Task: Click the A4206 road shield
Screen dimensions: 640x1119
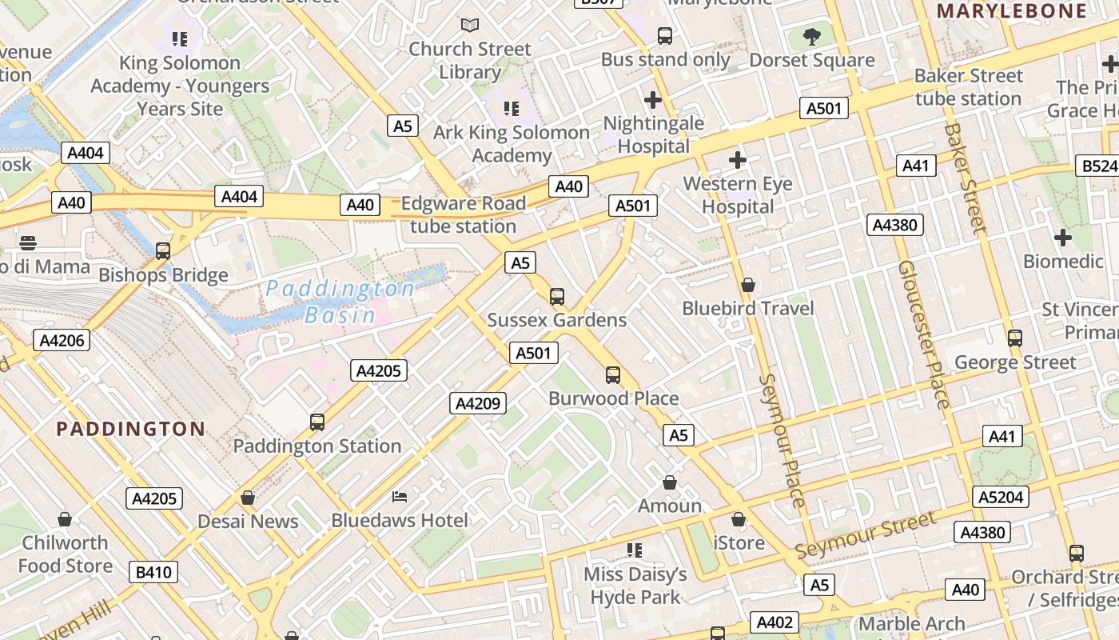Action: pyautogui.click(x=62, y=340)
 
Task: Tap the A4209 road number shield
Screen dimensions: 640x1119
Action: pyautogui.click(x=478, y=403)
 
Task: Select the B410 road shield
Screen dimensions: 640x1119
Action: pyautogui.click(x=153, y=572)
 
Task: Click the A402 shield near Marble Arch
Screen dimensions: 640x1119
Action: pyautogui.click(x=775, y=622)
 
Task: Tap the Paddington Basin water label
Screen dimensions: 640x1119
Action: pyautogui.click(x=340, y=301)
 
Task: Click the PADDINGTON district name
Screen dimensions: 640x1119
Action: pyautogui.click(x=131, y=429)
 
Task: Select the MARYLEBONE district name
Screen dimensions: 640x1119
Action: pyautogui.click(x=1012, y=10)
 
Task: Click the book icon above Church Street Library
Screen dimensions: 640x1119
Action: pyautogui.click(x=470, y=26)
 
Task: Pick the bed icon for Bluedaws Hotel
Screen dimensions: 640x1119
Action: pyautogui.click(x=400, y=497)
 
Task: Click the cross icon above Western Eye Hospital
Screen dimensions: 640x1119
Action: pyautogui.click(x=737, y=160)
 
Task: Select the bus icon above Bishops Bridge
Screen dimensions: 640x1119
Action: pyautogui.click(x=163, y=251)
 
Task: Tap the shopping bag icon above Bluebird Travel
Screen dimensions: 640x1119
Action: pyautogui.click(x=748, y=285)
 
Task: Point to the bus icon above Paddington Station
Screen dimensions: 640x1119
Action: pyautogui.click(x=317, y=422)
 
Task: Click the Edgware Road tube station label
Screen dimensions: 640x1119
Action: pyautogui.click(x=464, y=214)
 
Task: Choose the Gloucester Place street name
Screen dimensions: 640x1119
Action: pyautogui.click(x=922, y=334)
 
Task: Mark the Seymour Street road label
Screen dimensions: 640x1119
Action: pyautogui.click(x=865, y=536)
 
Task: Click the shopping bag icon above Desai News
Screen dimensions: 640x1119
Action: pyautogui.click(x=248, y=498)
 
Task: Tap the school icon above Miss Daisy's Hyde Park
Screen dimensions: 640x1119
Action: pyautogui.click(x=635, y=550)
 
